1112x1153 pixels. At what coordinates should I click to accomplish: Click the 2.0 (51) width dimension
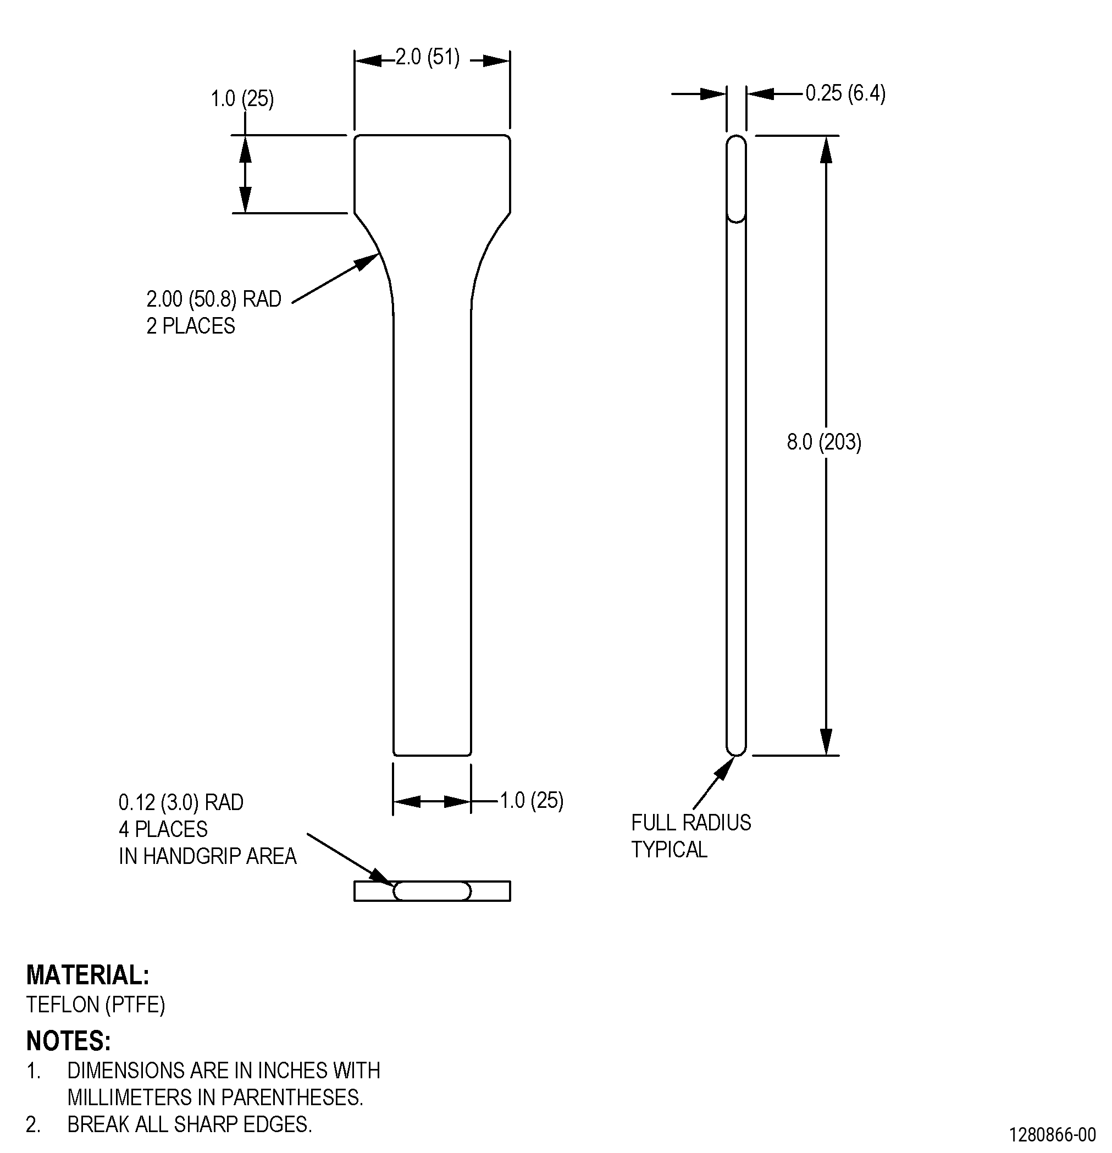coord(427,57)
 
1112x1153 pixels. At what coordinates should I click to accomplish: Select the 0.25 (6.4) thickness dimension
coord(845,93)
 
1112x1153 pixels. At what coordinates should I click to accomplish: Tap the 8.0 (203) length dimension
coord(824,442)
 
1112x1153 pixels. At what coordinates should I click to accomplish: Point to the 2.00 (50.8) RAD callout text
coord(214,299)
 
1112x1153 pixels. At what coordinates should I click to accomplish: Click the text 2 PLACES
coord(191,326)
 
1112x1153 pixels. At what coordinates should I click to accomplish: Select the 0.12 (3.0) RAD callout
coord(181,802)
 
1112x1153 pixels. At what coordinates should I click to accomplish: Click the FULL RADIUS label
coord(691,822)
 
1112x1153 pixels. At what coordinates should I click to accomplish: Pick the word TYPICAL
coord(669,850)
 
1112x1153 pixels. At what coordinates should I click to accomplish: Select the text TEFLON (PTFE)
coord(95,1004)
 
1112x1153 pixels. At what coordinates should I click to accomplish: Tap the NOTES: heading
coord(68,1041)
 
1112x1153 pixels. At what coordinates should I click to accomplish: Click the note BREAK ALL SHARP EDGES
coord(190,1124)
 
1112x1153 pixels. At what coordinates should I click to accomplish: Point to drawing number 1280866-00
coord(1053,1134)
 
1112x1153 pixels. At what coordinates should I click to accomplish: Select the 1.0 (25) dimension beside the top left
coord(242,98)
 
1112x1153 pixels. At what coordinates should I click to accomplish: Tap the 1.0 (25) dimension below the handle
coord(532,800)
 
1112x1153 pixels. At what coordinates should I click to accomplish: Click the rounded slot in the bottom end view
coord(432,891)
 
